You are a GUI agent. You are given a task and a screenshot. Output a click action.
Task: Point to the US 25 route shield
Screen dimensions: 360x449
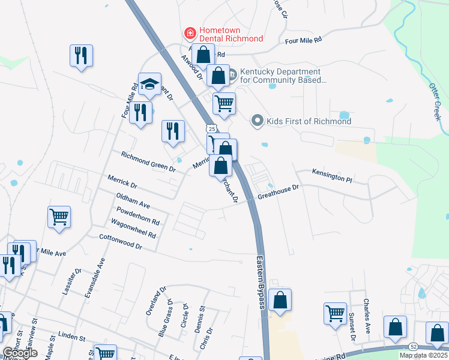tap(209, 128)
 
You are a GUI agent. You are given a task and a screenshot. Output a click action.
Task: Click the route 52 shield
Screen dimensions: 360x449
tap(413, 347)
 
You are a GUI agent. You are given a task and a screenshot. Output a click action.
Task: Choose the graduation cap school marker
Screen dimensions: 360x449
tap(149, 84)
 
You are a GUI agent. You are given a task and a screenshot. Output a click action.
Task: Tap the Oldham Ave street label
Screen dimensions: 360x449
tap(133, 200)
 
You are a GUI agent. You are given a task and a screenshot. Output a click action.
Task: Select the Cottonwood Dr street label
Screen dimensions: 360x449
tap(120, 242)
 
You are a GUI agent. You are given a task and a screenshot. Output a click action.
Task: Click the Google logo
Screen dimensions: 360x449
tap(20, 353)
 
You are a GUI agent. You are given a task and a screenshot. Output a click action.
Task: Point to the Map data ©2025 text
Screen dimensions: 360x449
tap(423, 355)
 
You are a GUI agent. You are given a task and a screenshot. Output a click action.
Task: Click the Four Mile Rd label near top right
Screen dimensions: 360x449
tap(303, 40)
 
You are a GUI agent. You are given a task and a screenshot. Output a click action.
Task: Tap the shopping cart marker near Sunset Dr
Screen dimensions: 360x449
tap(335, 313)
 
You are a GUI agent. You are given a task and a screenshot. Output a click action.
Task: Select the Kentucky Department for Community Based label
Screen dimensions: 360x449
tap(283, 75)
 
